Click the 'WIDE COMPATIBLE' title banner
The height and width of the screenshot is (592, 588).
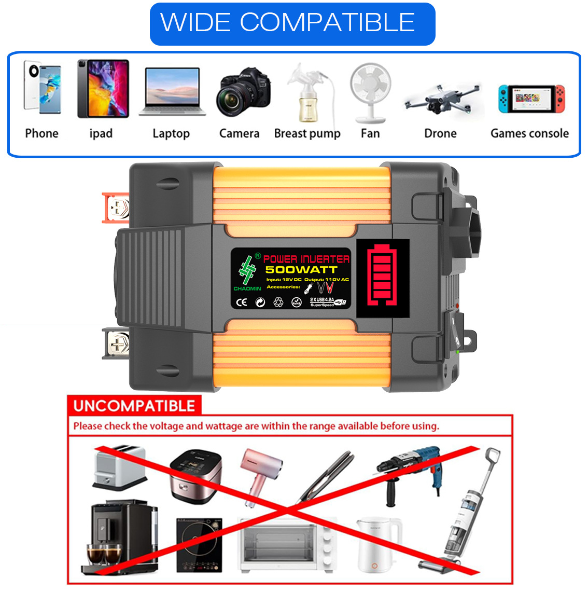pos(292,24)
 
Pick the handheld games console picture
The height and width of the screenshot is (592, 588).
pos(531,99)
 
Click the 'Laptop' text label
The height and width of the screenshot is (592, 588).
pos(171,134)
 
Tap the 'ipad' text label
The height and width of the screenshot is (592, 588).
pos(101,134)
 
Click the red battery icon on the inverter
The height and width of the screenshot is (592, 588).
pos(382,276)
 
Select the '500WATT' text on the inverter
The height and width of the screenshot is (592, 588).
pos(301,270)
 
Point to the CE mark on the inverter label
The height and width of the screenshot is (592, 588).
pos(242,302)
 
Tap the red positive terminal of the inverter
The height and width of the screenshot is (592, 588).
pos(116,208)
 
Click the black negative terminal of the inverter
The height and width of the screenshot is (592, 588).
pos(116,343)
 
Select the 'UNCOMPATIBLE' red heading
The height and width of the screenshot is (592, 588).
pos(134,406)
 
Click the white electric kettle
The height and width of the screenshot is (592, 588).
pos(379,545)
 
